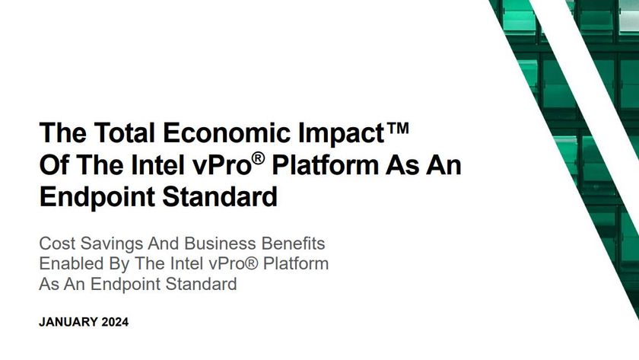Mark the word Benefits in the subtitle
click(x=292, y=244)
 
